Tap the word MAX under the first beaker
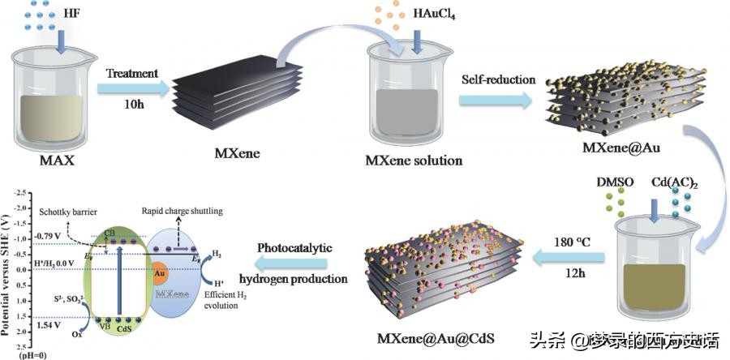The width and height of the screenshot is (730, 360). click(x=54, y=160)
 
